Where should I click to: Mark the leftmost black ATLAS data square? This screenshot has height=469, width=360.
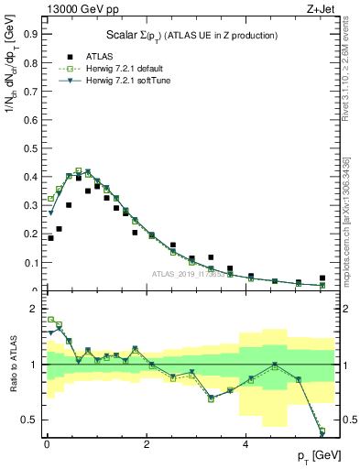(x=50, y=238)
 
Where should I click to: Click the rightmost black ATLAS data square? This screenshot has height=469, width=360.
(x=322, y=278)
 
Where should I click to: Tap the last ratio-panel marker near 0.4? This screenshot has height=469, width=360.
(x=322, y=431)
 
